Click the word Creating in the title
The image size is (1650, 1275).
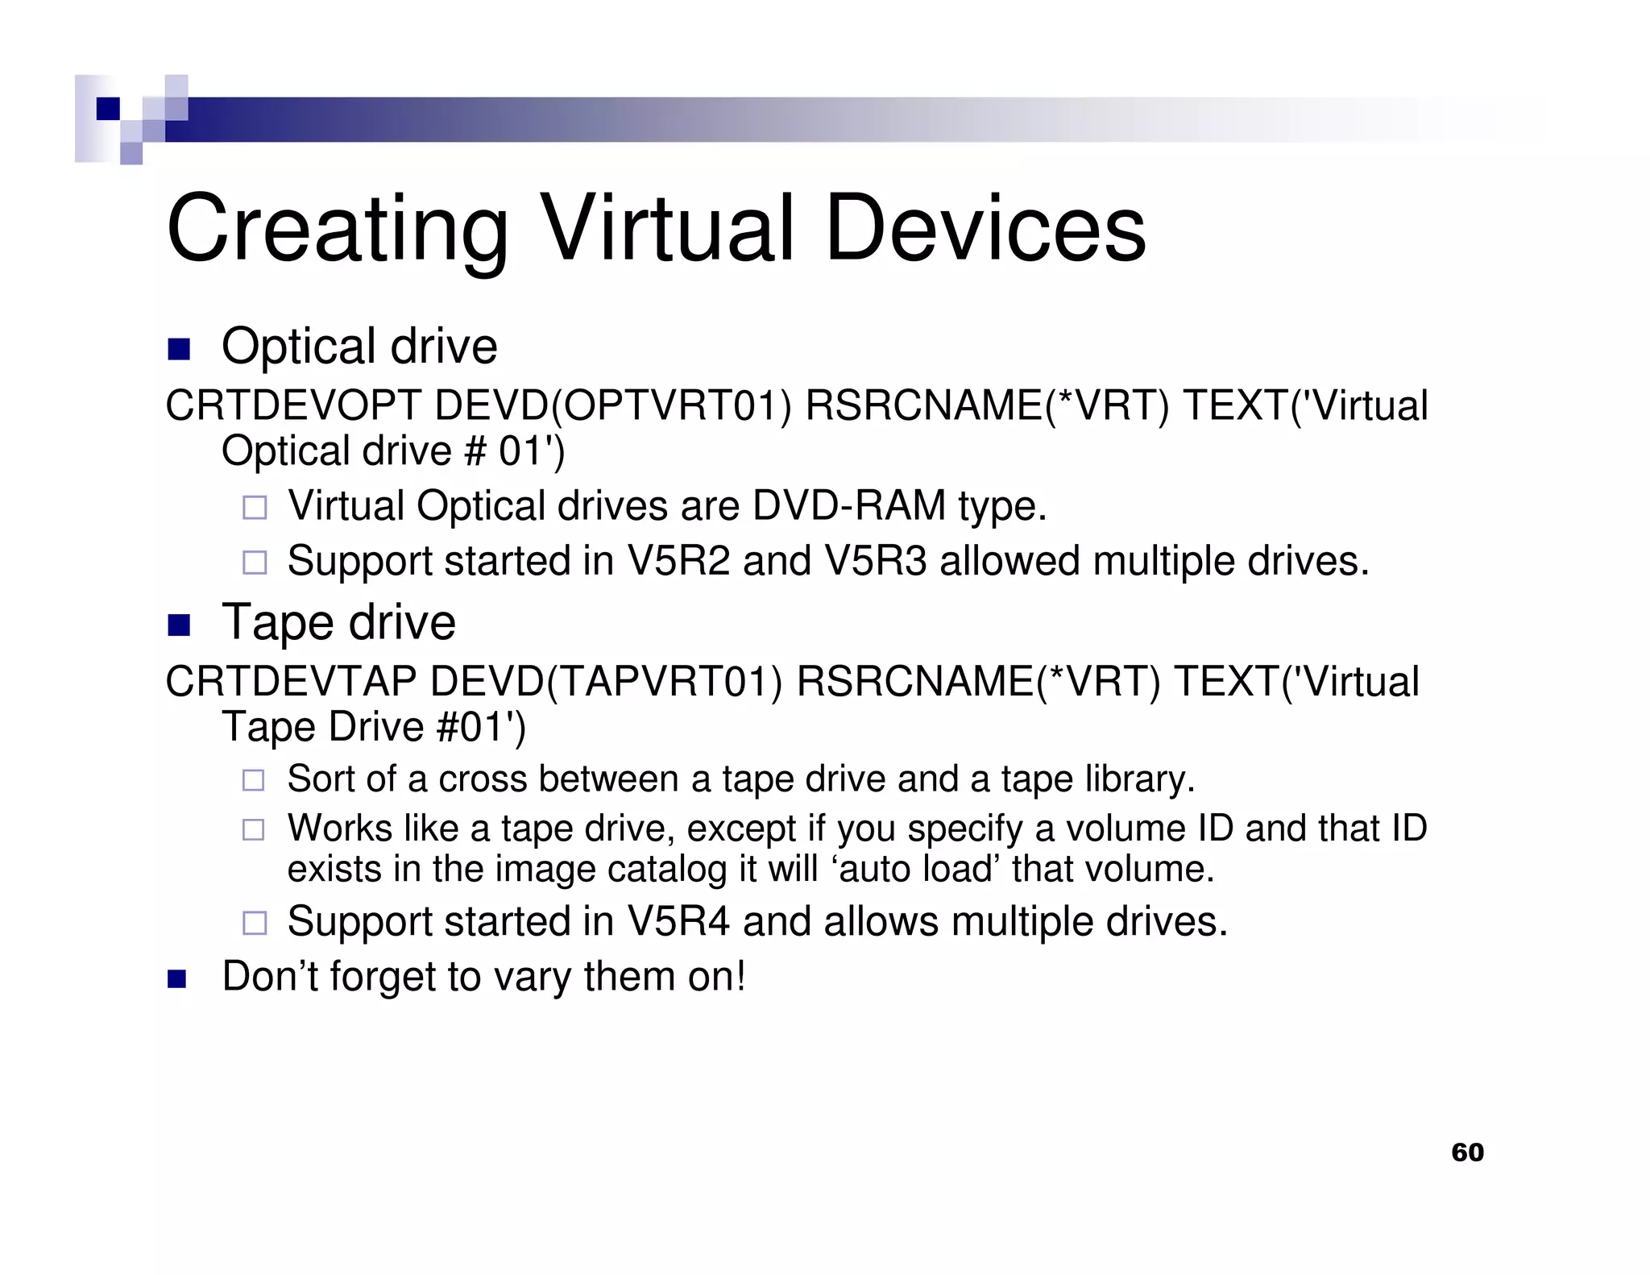coord(337,230)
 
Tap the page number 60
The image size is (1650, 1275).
coord(1467,1152)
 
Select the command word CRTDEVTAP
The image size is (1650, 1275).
coord(291,682)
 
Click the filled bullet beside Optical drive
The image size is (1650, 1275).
coord(179,349)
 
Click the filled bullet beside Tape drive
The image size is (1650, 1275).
coord(179,625)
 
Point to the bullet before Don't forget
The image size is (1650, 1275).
coord(177,979)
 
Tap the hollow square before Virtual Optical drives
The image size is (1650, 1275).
coord(255,508)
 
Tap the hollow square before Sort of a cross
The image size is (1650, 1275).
coord(254,780)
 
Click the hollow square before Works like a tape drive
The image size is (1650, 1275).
coord(254,830)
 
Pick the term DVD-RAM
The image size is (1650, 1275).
coord(848,506)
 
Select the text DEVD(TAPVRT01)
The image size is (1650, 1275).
coord(607,682)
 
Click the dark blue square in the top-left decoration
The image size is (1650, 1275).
coord(108,109)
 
